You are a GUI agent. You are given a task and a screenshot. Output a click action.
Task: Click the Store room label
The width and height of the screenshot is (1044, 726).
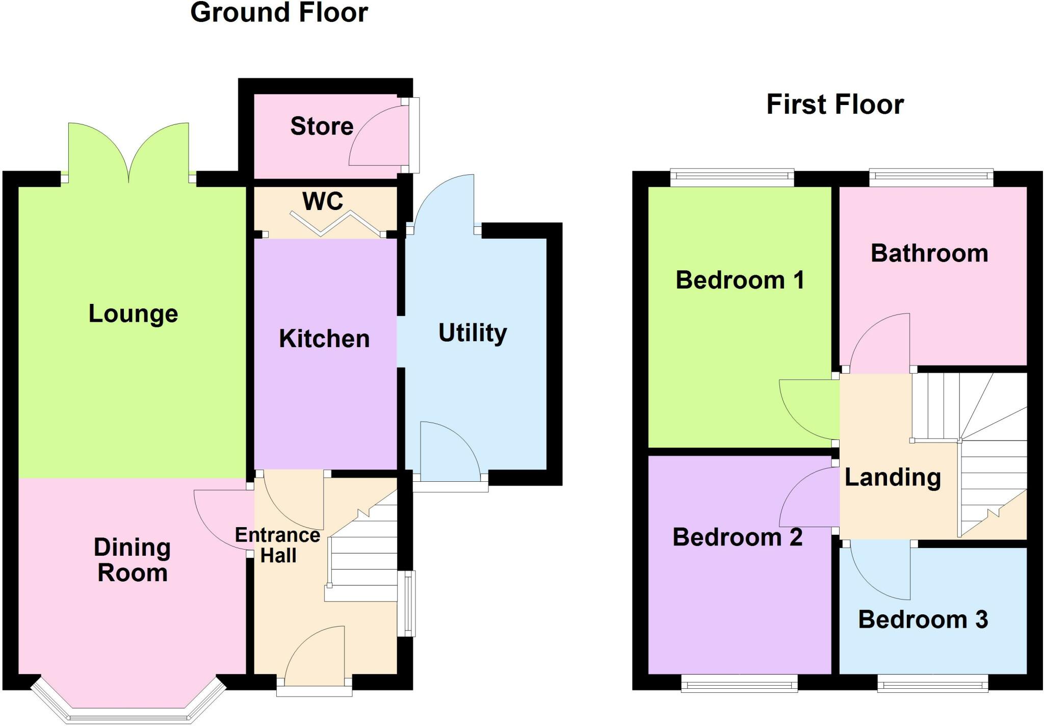click(322, 126)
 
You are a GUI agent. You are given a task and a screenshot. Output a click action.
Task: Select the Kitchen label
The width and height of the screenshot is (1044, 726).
click(324, 339)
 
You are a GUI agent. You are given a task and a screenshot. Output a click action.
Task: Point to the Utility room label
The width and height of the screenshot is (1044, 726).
click(473, 332)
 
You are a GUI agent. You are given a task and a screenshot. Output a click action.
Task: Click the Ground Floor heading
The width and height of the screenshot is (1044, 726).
click(279, 12)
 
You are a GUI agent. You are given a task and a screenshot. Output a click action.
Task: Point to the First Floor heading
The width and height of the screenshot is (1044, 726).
click(835, 105)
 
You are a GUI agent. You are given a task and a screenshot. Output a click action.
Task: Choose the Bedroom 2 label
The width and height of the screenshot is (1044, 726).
click(737, 537)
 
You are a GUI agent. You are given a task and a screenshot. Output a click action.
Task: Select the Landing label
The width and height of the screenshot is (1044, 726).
click(893, 477)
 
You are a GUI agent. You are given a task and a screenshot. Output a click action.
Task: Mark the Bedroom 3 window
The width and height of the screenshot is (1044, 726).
click(932, 683)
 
